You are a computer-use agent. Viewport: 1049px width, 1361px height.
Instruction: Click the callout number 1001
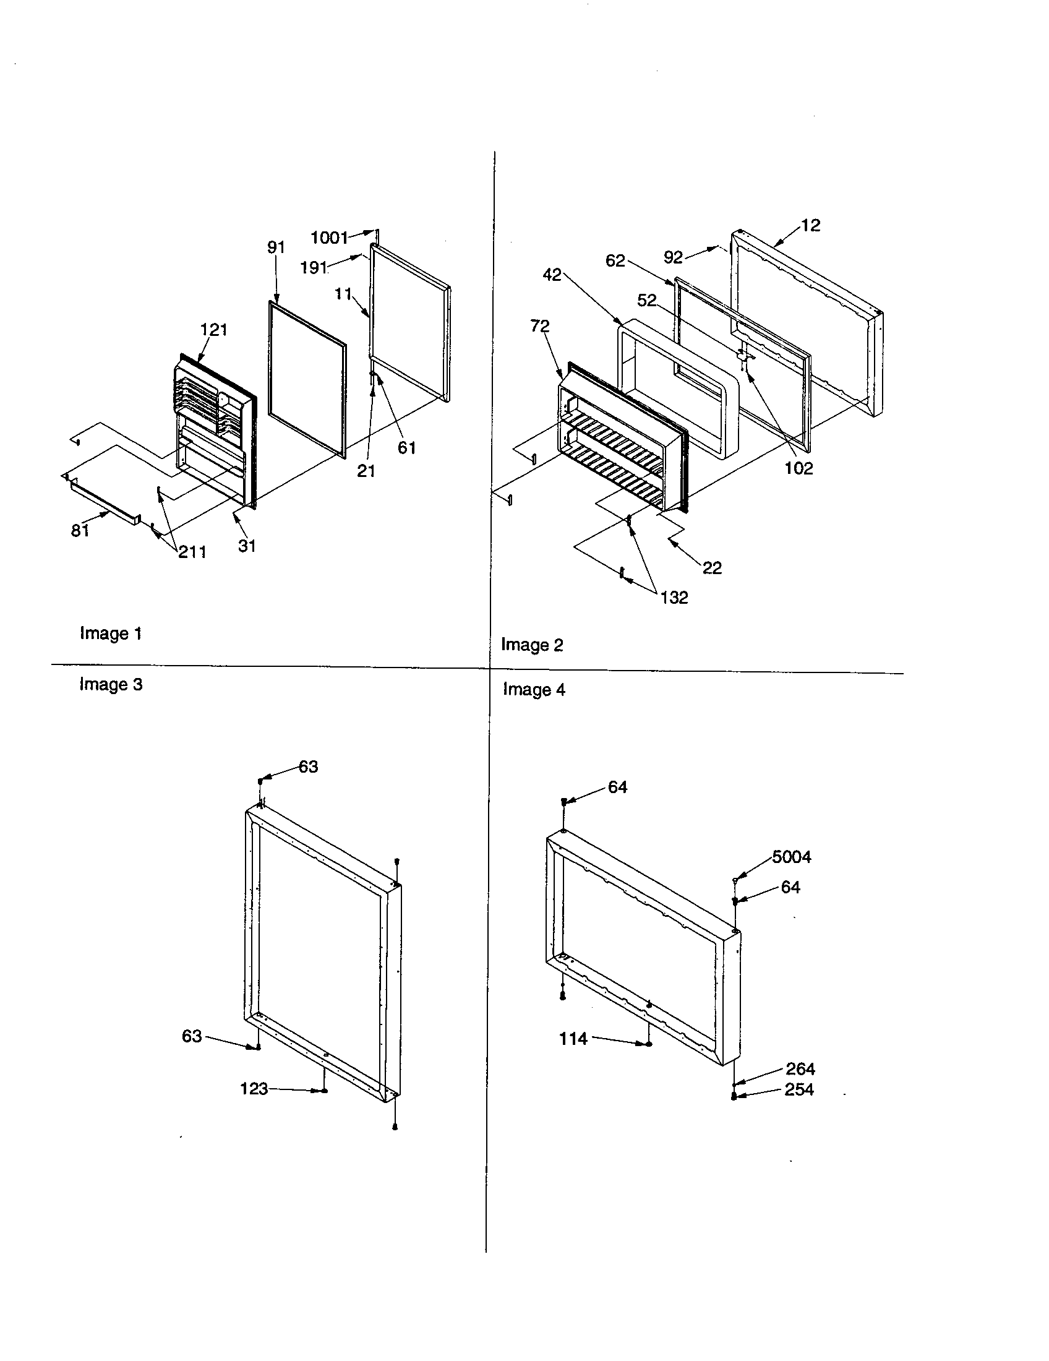329,238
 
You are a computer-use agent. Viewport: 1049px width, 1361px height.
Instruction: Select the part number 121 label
213,330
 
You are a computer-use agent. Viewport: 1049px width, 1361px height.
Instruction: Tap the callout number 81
80,530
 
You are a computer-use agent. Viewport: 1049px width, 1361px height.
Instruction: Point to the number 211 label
192,551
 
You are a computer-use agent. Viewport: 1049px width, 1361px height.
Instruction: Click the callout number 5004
791,857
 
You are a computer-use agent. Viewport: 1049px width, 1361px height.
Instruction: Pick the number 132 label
674,598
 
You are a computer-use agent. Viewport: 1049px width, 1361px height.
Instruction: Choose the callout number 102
799,468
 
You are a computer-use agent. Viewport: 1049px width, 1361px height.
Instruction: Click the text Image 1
111,633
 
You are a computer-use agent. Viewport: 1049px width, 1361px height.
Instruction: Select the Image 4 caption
534,690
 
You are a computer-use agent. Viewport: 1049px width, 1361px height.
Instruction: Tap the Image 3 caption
111,684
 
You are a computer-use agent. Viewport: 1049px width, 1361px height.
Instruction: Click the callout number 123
254,1089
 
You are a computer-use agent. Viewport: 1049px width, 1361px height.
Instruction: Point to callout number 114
573,1039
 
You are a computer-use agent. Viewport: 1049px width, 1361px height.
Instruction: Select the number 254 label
799,1089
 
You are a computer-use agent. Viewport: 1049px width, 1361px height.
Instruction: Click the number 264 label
800,1069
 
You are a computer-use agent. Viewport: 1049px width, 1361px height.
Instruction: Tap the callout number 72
540,325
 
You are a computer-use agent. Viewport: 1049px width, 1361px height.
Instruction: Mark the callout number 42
552,275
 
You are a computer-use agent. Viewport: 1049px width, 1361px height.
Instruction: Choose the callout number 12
810,225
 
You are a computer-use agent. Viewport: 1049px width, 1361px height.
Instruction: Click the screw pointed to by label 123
324,1091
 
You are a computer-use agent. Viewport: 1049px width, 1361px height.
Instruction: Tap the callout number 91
276,247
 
